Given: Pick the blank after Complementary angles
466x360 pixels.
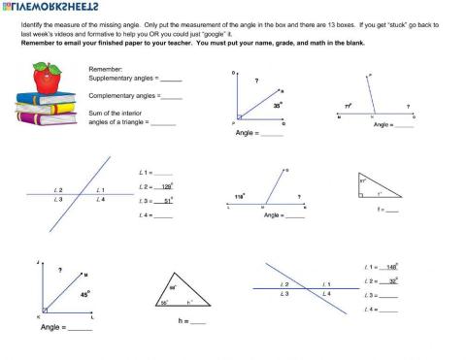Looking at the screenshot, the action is (x=172, y=97).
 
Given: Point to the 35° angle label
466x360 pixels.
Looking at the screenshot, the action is (x=277, y=104).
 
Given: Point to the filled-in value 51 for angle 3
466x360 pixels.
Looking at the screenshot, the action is (x=165, y=201).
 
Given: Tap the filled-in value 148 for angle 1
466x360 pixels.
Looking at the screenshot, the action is (x=389, y=266).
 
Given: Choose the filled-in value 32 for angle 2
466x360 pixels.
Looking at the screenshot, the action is (x=389, y=280).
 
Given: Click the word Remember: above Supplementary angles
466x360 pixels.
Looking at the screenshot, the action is (x=105, y=70).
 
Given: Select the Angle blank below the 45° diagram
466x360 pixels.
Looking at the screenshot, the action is (x=81, y=328).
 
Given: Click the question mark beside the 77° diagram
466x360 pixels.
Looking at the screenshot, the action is (x=407, y=107).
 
